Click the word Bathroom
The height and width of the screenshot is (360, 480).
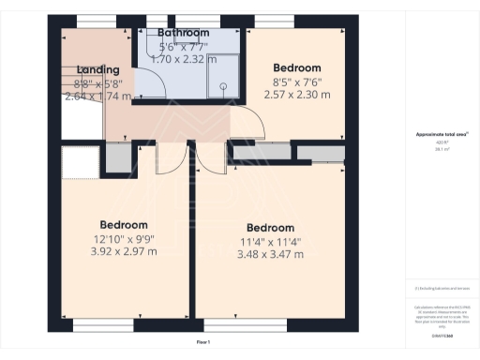[x=183, y=33]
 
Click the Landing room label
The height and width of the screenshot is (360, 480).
[x=98, y=69]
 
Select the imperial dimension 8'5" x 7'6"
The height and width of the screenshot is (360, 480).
[x=296, y=82]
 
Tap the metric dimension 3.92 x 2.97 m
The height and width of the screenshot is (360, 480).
[x=124, y=252]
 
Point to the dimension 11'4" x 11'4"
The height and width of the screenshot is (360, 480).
[x=270, y=242]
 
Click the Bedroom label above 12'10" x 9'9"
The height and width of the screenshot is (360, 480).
[x=124, y=225]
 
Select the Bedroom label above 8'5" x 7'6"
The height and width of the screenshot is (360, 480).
[x=296, y=67]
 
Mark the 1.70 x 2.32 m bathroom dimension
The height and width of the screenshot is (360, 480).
[x=183, y=59]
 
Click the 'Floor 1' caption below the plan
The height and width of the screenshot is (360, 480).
[x=202, y=342]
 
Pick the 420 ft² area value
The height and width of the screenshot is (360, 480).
[x=433, y=142]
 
